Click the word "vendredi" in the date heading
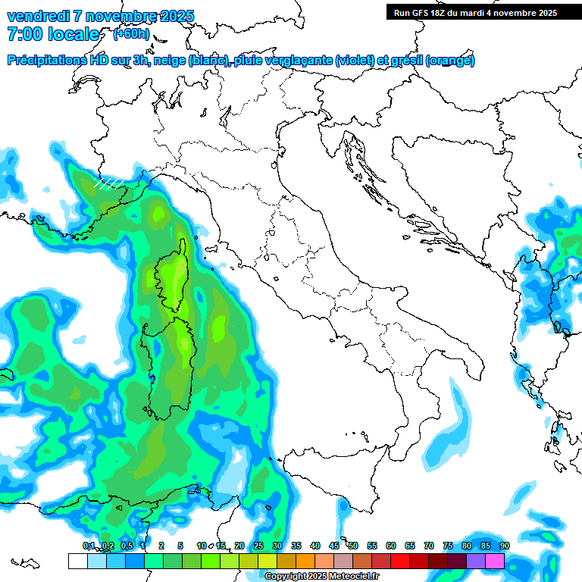point(35,16)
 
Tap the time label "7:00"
point(23,34)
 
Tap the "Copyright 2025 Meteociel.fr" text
point(322,577)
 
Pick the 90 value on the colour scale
point(504,546)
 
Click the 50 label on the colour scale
point(352,546)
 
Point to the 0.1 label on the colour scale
point(89,546)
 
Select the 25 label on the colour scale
point(258,546)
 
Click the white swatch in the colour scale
point(77,561)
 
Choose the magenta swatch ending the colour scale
point(495,561)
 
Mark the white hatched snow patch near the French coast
point(108,182)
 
